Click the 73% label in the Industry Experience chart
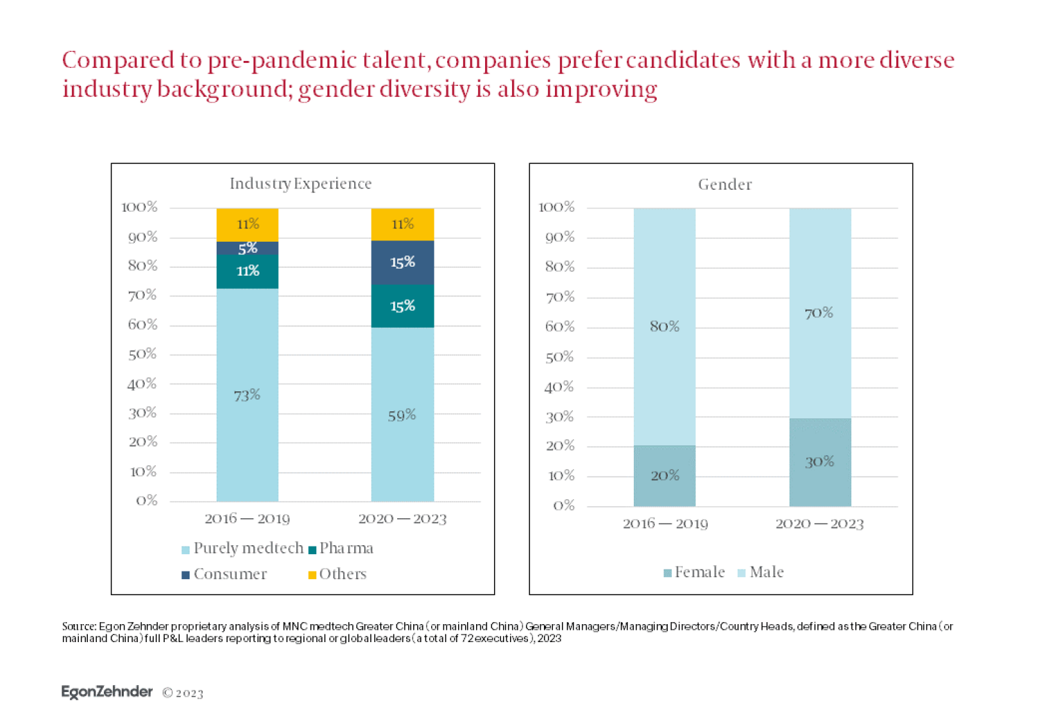click(x=247, y=396)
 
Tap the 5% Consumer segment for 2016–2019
click(x=247, y=248)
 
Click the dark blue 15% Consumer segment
click(x=402, y=263)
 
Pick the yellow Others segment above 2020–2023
click(x=402, y=224)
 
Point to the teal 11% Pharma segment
click(x=247, y=271)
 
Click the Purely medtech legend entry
click(x=242, y=549)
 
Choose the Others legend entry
click(x=337, y=574)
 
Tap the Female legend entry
click(x=694, y=572)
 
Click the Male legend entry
click(x=761, y=572)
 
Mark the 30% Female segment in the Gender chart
click(x=819, y=462)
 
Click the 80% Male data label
click(x=664, y=326)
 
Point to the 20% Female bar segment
click(x=664, y=476)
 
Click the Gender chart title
click(x=725, y=184)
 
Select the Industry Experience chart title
click(x=300, y=184)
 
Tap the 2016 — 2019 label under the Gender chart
click(x=665, y=524)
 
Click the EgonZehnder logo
click(x=107, y=692)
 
